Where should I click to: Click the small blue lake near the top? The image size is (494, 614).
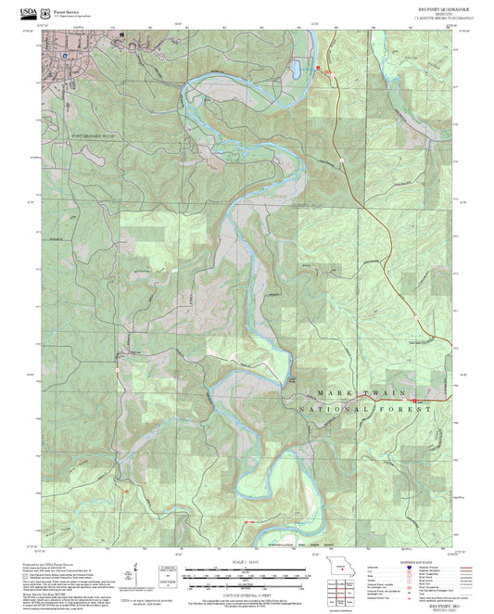(x=295, y=70)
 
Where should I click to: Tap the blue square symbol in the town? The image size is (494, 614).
(x=64, y=55)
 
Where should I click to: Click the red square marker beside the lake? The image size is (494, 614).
(x=318, y=70)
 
